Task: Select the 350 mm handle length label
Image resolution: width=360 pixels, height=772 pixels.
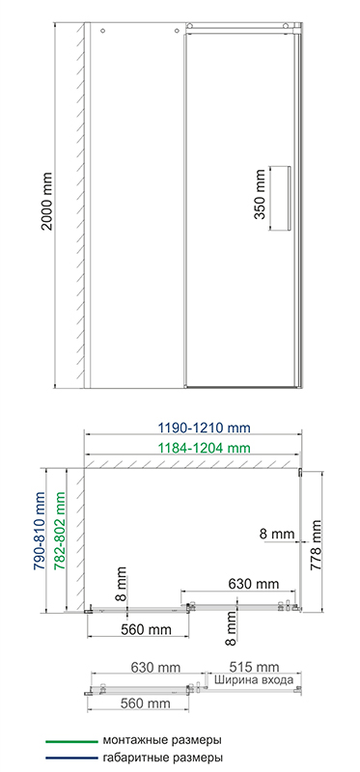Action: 261,193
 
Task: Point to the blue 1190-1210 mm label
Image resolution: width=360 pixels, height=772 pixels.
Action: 205,427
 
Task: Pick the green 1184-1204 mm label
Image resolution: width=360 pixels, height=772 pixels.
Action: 205,448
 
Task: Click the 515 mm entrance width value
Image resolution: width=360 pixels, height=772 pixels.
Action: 254,667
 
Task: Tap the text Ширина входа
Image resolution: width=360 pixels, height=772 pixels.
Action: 254,680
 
